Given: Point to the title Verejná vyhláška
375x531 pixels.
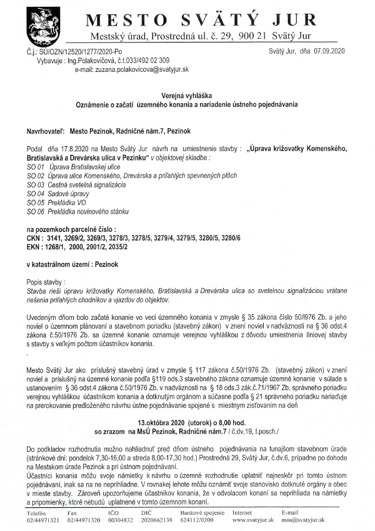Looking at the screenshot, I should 187,94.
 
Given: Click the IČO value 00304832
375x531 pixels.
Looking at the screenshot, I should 121,520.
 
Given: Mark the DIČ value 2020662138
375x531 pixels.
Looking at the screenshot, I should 160,520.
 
